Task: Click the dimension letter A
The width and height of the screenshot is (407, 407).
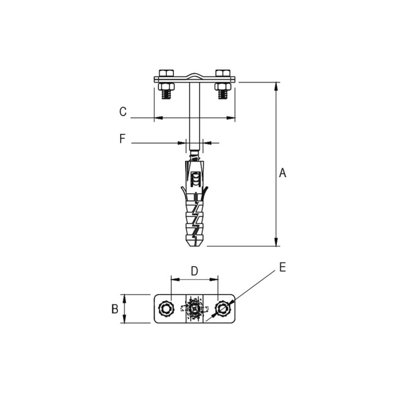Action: tap(282, 173)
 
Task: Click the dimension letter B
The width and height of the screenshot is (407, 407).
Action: tap(115, 309)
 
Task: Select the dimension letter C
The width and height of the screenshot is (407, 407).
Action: tap(123, 111)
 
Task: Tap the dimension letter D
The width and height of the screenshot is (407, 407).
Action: tap(194, 271)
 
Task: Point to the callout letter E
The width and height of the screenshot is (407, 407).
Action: tap(283, 267)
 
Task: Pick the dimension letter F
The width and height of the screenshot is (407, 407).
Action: tap(122, 138)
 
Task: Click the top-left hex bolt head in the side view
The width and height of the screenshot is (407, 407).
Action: tap(166, 73)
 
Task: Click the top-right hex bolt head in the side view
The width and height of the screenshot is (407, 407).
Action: tap(223, 73)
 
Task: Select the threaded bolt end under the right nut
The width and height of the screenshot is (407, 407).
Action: tap(223, 95)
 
